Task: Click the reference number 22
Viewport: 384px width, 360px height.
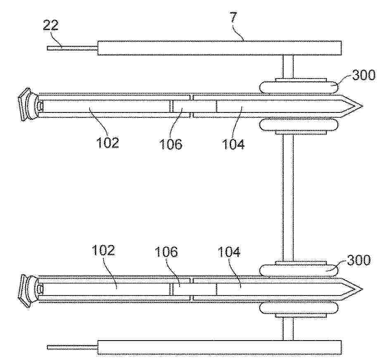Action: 51,25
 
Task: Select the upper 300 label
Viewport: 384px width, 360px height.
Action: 364,74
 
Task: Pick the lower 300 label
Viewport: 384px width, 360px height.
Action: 359,260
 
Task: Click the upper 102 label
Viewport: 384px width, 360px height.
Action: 108,142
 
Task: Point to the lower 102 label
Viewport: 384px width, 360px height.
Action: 103,250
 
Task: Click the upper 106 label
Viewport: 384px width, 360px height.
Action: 171,144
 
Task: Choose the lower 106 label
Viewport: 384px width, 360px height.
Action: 166,252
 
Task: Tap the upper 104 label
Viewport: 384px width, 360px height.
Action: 233,144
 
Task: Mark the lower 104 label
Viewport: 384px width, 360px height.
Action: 229,252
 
